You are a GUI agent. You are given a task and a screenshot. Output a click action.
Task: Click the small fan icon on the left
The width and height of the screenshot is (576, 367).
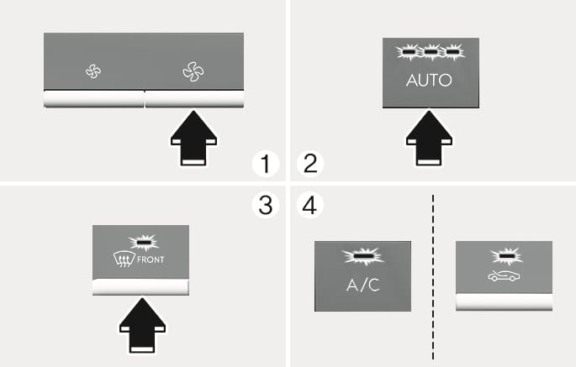pyautogui.click(x=92, y=72)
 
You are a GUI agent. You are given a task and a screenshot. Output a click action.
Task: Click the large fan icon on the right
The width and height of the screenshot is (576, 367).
pyautogui.click(x=193, y=72)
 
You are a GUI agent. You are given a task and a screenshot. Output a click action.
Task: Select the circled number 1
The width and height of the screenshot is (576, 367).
pyautogui.click(x=266, y=163)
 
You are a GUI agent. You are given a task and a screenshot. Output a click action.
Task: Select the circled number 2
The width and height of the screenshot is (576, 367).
pyautogui.click(x=310, y=163)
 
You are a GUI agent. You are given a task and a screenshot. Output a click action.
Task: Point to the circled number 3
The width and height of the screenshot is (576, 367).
pyautogui.click(x=266, y=206)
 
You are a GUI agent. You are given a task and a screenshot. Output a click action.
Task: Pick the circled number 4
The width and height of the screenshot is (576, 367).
pyautogui.click(x=310, y=206)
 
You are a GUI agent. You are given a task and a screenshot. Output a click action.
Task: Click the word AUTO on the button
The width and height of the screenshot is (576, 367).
pyautogui.click(x=429, y=81)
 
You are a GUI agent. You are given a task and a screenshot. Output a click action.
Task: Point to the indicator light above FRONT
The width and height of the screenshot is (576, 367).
pyautogui.click(x=141, y=243)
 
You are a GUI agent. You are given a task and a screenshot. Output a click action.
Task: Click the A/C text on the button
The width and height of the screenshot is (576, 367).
pyautogui.click(x=363, y=285)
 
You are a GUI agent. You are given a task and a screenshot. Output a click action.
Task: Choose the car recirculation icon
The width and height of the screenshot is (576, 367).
pyautogui.click(x=504, y=277)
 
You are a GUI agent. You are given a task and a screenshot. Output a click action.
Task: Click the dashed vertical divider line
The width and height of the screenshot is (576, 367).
pyautogui.click(x=432, y=277)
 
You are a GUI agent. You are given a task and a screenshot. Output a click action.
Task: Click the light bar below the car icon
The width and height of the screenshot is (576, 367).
pyautogui.click(x=504, y=302)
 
